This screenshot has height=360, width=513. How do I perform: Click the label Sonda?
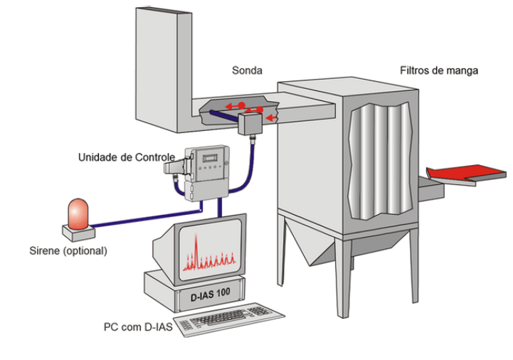[247, 71]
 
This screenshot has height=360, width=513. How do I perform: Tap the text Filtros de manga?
[438, 70]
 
